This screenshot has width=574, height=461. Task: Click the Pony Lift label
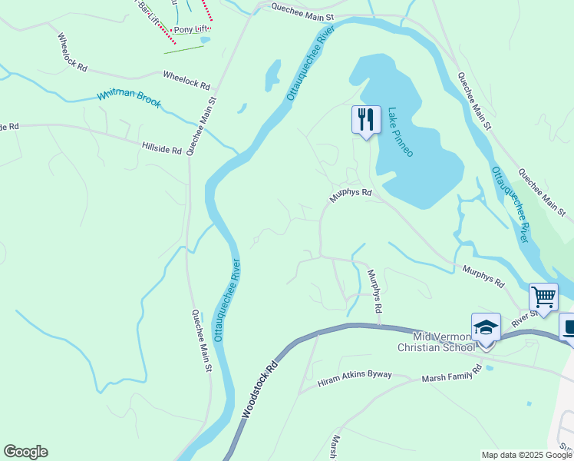[x=192, y=30]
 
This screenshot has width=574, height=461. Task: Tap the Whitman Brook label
[x=129, y=98]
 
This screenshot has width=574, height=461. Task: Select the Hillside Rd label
[x=161, y=147]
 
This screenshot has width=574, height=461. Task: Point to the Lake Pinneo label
[x=400, y=132]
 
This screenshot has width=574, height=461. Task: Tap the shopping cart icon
[x=543, y=296]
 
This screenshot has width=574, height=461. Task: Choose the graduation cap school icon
[x=486, y=327]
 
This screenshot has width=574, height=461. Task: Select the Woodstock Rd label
[x=260, y=391]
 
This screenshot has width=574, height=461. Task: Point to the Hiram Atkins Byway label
[x=355, y=376]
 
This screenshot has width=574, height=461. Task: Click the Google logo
[x=25, y=452]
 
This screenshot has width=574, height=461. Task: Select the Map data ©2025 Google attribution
[x=526, y=455]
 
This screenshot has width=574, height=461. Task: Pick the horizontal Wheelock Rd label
[x=186, y=79]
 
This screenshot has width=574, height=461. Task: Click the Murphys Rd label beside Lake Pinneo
[x=351, y=195]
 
